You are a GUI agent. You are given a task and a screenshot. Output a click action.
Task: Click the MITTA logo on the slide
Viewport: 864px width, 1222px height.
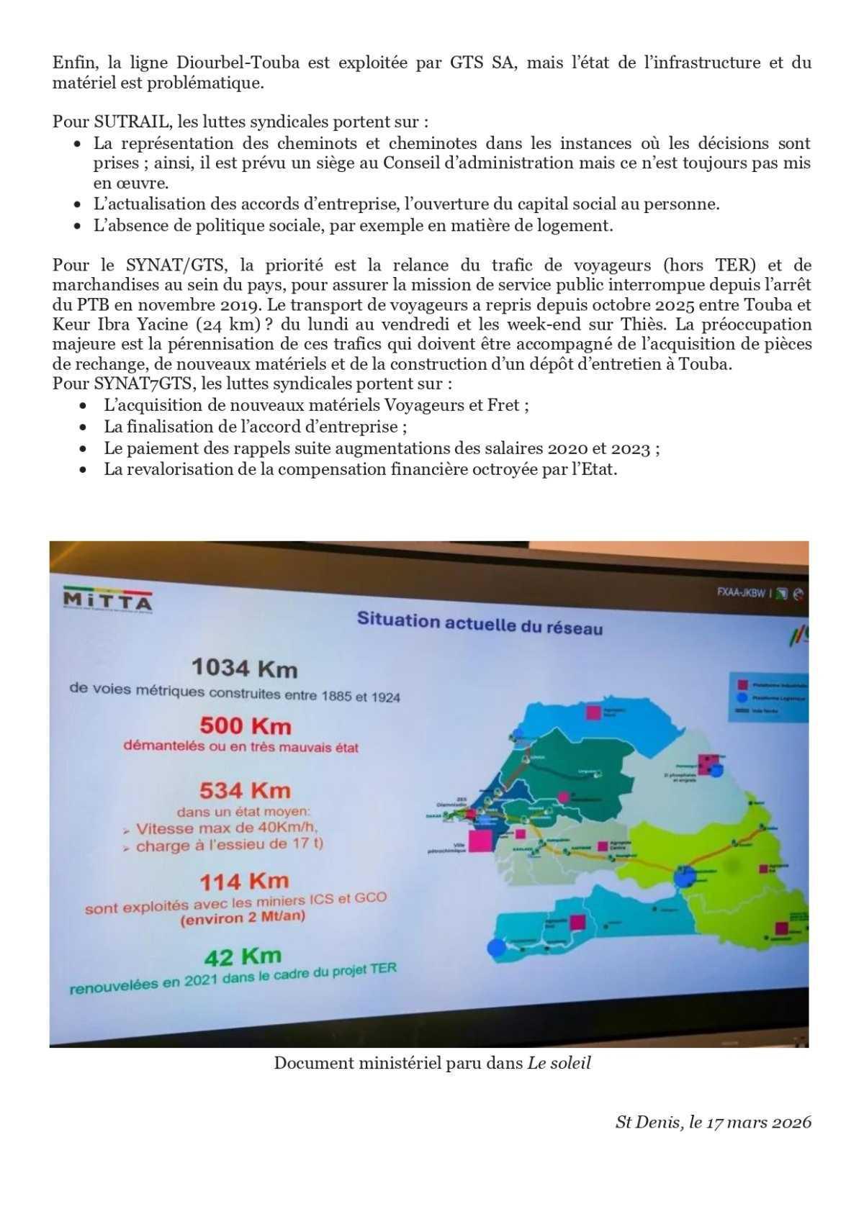(x=107, y=599)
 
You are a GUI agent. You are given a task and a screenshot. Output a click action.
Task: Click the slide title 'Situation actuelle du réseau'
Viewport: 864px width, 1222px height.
(x=480, y=623)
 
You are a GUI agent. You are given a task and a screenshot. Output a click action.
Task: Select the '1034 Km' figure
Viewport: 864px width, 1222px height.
(x=245, y=669)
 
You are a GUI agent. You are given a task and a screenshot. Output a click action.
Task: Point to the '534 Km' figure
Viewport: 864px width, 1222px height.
(x=245, y=790)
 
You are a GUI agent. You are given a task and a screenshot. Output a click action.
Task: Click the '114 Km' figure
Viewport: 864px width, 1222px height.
(x=244, y=880)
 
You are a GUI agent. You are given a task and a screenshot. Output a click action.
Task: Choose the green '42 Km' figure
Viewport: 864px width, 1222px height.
(x=243, y=956)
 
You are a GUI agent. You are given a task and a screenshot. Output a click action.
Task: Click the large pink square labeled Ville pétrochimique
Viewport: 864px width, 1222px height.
(x=481, y=841)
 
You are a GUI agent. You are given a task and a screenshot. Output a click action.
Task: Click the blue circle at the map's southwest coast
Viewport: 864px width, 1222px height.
(x=495, y=948)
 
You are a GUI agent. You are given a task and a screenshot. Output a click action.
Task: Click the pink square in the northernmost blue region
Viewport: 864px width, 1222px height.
(x=593, y=712)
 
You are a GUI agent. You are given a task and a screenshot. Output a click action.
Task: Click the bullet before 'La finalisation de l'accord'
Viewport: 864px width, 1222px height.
(x=85, y=427)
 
